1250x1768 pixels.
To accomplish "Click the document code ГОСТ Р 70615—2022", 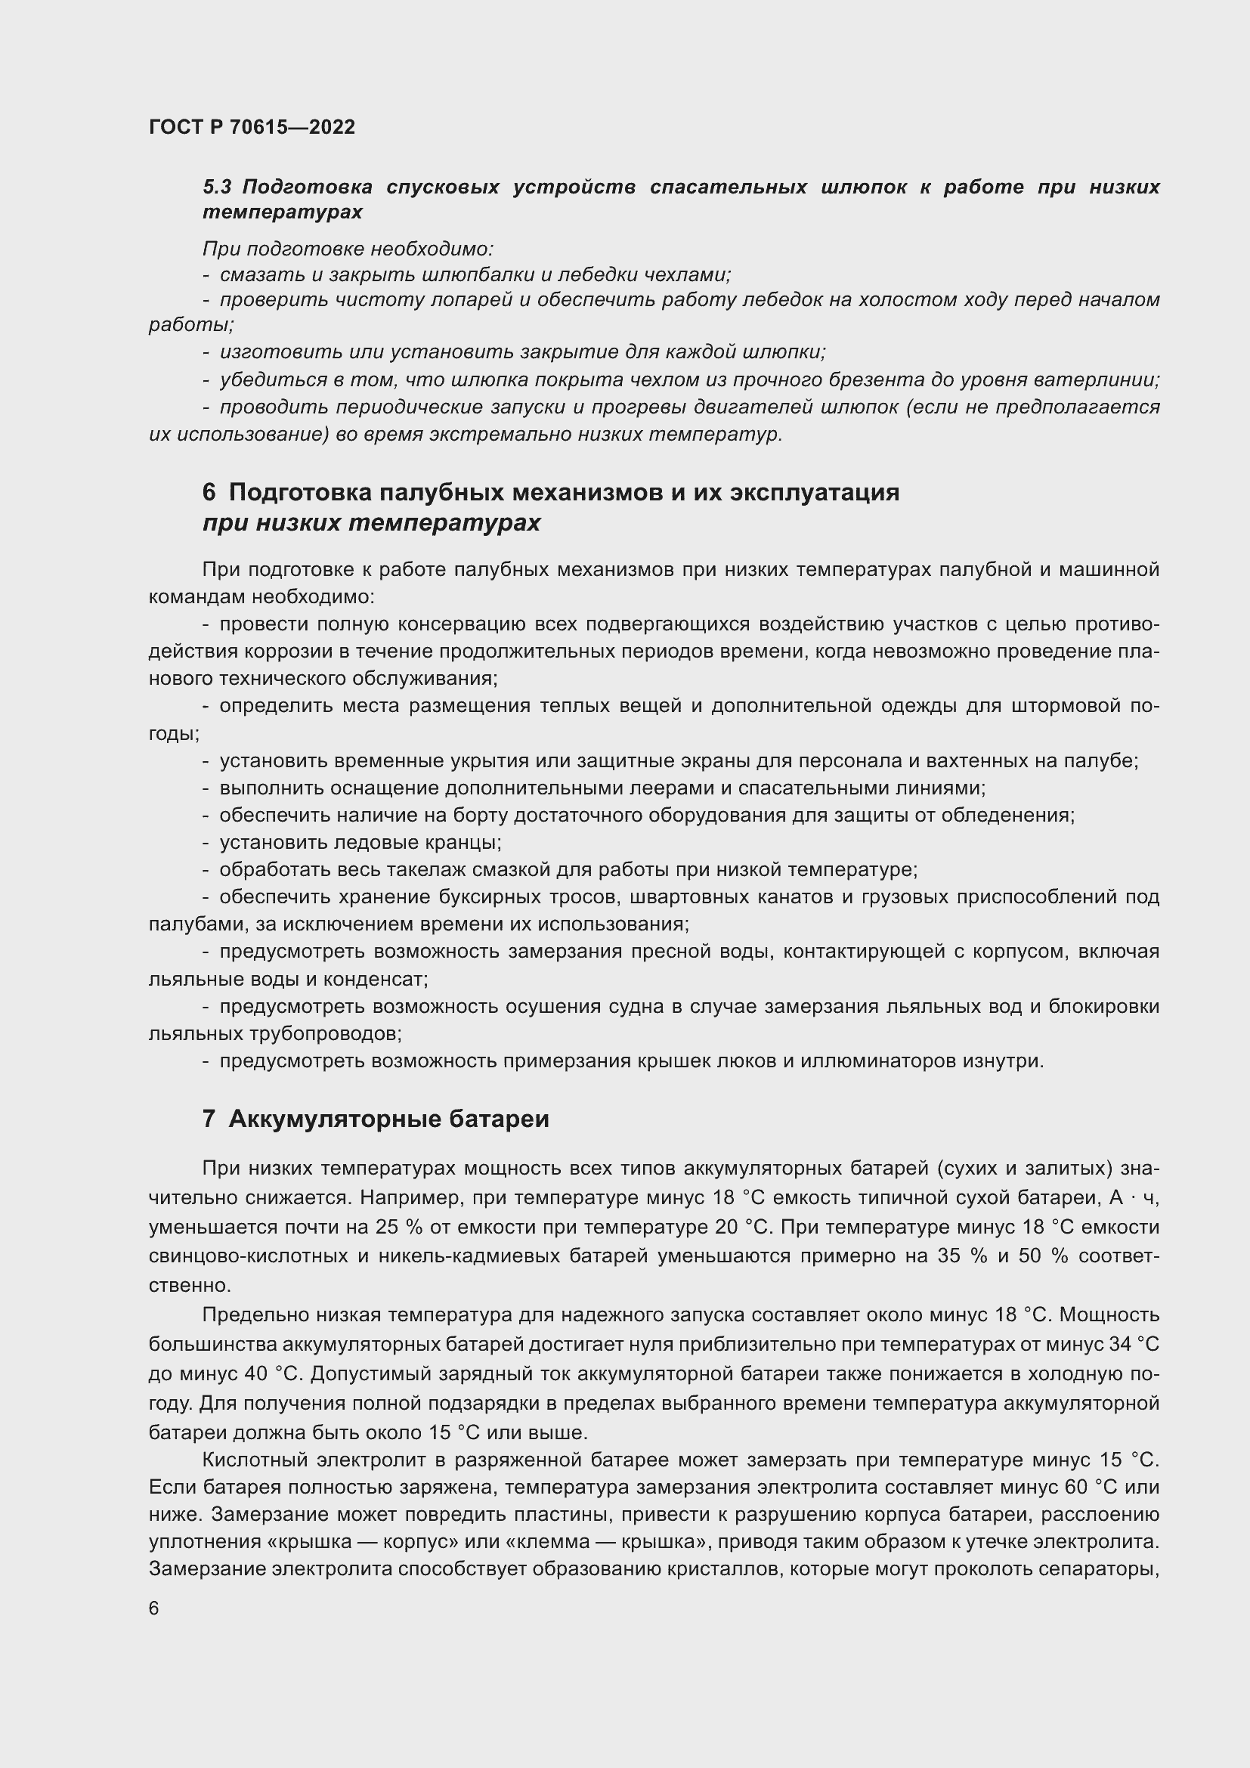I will pyautogui.click(x=252, y=127).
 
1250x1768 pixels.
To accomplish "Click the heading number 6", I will pyautogui.click(x=209, y=491).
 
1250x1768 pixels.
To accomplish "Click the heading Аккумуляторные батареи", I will pyautogui.click(x=388, y=1118).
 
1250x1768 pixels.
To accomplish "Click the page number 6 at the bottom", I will pyautogui.click(x=154, y=1608).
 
